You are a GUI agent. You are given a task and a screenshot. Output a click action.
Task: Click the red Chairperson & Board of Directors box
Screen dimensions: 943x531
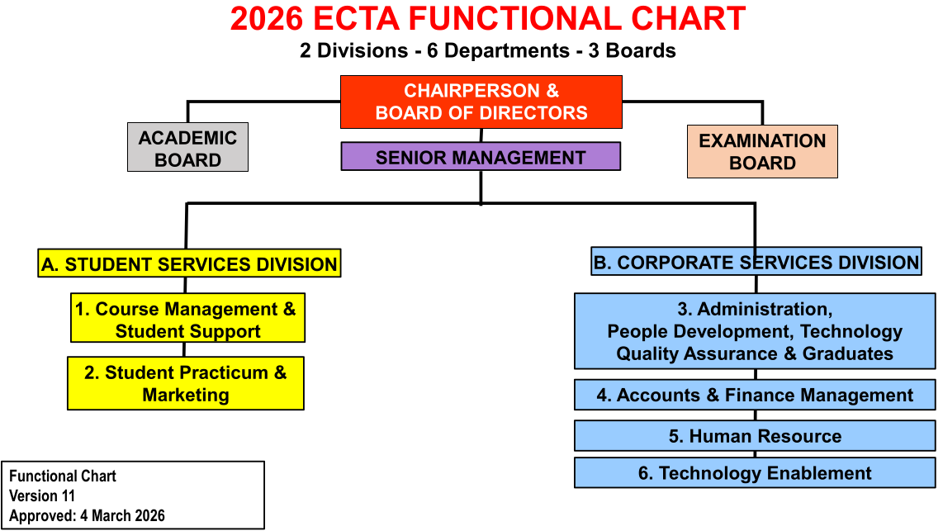481,102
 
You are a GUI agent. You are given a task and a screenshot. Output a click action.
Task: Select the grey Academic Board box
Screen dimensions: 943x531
187,147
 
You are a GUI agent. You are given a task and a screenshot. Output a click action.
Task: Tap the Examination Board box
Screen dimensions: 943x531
762,152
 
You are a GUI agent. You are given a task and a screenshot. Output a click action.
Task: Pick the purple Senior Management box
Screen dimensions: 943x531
481,156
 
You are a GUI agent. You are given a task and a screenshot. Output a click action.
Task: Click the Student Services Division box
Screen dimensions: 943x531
189,263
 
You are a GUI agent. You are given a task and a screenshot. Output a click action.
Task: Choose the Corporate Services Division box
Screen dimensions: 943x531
756,261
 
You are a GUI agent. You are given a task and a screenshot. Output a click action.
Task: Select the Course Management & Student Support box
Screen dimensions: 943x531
187,318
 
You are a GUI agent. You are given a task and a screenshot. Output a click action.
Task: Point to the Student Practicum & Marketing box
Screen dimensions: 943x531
186,384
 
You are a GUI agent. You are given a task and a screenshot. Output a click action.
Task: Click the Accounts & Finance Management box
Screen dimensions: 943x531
755,395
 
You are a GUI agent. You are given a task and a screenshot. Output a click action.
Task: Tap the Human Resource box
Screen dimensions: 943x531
755,436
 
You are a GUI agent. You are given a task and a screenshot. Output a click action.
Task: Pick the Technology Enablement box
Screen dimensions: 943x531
755,472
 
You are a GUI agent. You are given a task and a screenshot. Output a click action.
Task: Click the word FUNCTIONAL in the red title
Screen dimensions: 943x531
514,19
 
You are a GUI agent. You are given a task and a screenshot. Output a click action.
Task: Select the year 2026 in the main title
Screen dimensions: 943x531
267,19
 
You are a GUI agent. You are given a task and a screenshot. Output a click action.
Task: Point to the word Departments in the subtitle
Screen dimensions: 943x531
506,51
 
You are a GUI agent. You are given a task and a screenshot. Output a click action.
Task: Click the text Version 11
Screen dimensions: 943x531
42,496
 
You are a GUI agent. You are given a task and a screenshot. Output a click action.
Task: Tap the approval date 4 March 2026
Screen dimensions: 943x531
123,516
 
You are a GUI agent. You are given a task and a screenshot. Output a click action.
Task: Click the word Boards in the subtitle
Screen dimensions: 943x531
641,50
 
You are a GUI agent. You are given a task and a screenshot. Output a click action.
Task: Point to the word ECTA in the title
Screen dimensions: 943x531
356,19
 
